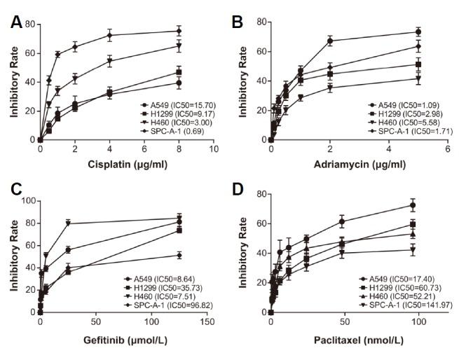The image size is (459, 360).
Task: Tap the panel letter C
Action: tap(15, 190)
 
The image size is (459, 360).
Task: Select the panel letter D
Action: tap(238, 190)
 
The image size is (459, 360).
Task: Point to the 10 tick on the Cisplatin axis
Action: tap(214, 149)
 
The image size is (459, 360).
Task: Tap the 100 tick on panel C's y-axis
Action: tap(28, 200)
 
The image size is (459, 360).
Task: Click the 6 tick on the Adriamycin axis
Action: tap(446, 149)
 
